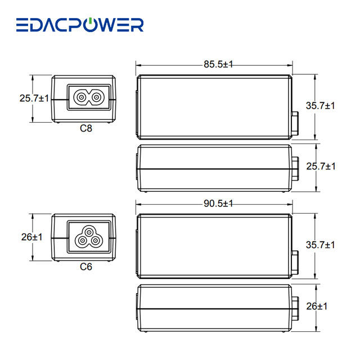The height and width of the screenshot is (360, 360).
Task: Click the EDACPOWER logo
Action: tap(80, 25)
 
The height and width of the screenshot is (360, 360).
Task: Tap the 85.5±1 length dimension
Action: tap(218, 64)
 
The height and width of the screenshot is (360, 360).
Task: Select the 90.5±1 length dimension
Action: tap(218, 204)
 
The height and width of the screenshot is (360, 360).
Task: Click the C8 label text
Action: tap(86, 128)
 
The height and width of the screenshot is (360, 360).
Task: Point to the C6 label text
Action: tap(86, 267)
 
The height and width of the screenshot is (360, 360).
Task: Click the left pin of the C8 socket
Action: tap(81, 97)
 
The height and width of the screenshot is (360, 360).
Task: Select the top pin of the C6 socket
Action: tap(89, 232)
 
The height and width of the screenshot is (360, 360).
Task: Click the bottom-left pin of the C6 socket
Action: tap(82, 241)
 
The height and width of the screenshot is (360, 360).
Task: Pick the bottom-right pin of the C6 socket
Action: tap(95, 241)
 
